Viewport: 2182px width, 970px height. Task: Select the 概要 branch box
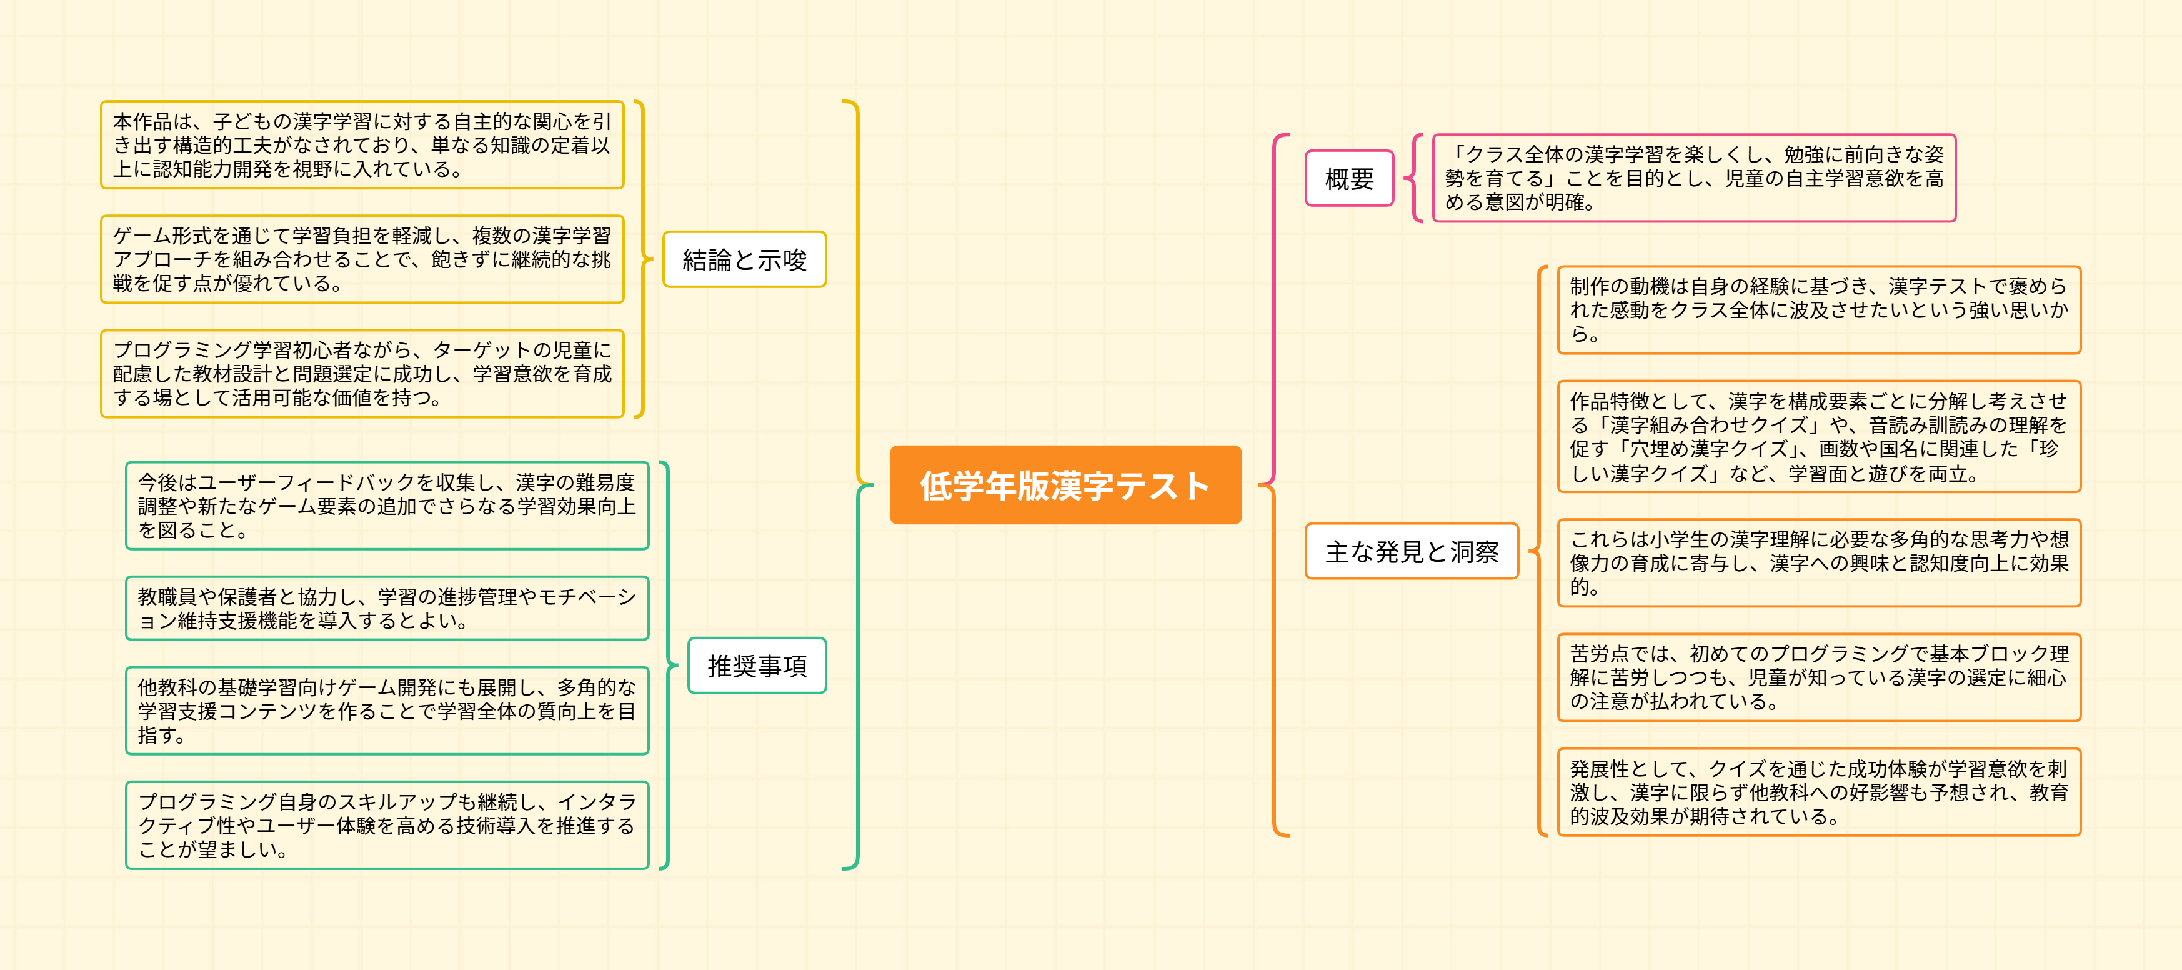click(x=1348, y=179)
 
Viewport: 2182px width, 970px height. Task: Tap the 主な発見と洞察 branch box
click(x=1411, y=551)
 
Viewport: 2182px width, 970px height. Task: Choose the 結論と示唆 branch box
click(x=744, y=259)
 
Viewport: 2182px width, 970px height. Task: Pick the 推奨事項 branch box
click(x=757, y=666)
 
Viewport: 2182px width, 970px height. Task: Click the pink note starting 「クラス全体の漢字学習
click(x=1693, y=178)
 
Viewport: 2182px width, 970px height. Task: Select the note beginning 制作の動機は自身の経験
click(x=1818, y=310)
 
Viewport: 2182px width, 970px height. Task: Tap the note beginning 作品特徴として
click(x=1818, y=437)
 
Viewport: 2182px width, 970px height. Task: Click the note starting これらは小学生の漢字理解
click(x=1818, y=562)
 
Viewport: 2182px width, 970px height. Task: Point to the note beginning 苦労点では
click(x=1818, y=677)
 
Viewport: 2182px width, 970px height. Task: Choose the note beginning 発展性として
click(x=1818, y=792)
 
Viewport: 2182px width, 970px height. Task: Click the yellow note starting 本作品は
click(x=362, y=145)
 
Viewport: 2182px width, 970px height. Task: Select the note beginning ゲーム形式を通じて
click(x=362, y=259)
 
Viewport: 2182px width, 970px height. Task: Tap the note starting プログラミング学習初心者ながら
click(x=362, y=374)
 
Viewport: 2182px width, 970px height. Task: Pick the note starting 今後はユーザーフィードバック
click(x=386, y=506)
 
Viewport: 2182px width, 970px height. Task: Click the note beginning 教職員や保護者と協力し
click(x=386, y=608)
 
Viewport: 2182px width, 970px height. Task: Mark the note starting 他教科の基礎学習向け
click(x=386, y=711)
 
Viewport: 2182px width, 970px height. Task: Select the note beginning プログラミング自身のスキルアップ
click(x=386, y=825)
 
